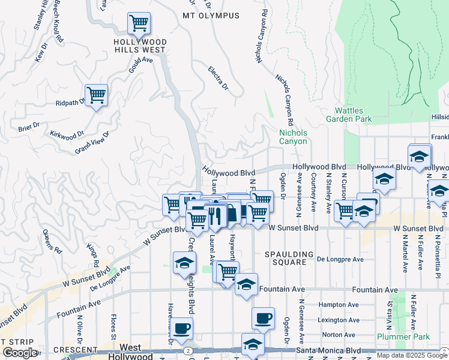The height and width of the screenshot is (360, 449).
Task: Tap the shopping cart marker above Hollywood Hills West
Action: click(x=139, y=23)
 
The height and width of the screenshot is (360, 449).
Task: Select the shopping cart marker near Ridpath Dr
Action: click(x=96, y=95)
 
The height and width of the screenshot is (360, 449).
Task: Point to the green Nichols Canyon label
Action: click(x=293, y=137)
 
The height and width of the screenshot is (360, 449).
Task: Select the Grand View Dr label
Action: click(x=92, y=143)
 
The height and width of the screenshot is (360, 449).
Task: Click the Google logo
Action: click(x=19, y=353)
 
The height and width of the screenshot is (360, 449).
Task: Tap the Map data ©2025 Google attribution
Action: click(x=411, y=355)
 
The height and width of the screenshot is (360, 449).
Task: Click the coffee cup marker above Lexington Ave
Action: click(x=262, y=318)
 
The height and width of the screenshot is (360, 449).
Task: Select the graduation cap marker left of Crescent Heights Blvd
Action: click(x=184, y=262)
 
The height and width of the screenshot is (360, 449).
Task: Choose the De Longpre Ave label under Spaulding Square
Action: click(x=340, y=259)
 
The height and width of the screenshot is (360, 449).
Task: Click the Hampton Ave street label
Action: click(x=338, y=305)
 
